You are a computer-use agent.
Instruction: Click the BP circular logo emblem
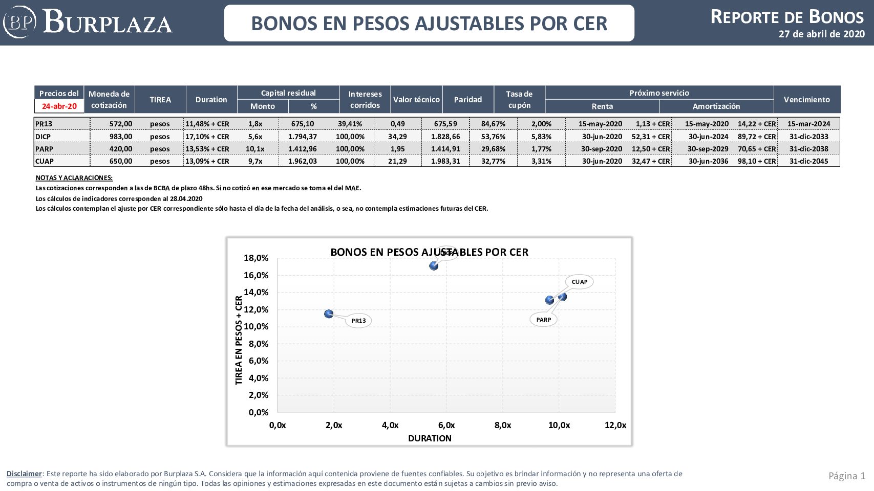[19, 22]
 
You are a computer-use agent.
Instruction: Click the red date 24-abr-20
[59, 106]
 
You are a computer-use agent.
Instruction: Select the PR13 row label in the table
[44, 124]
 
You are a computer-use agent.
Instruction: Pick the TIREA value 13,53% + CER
[207, 149]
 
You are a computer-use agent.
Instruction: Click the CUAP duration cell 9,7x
[255, 161]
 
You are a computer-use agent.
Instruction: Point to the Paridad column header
[467, 99]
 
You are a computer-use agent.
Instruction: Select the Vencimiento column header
[806, 99]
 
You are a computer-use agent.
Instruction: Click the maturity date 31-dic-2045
[808, 161]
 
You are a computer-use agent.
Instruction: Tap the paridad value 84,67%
[493, 124]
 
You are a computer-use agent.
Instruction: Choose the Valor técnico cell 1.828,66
[445, 137]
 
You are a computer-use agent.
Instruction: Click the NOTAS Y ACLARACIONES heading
[74, 178]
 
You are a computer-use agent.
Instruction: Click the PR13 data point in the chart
[329, 314]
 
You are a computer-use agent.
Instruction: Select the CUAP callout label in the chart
[579, 282]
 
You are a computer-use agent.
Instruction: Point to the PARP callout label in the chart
[543, 320]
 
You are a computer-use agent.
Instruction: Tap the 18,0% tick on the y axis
[255, 258]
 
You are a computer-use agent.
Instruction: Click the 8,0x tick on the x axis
[502, 425]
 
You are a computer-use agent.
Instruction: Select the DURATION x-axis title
[430, 438]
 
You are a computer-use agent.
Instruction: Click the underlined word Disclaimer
[24, 474]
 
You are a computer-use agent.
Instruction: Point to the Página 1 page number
[846, 476]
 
